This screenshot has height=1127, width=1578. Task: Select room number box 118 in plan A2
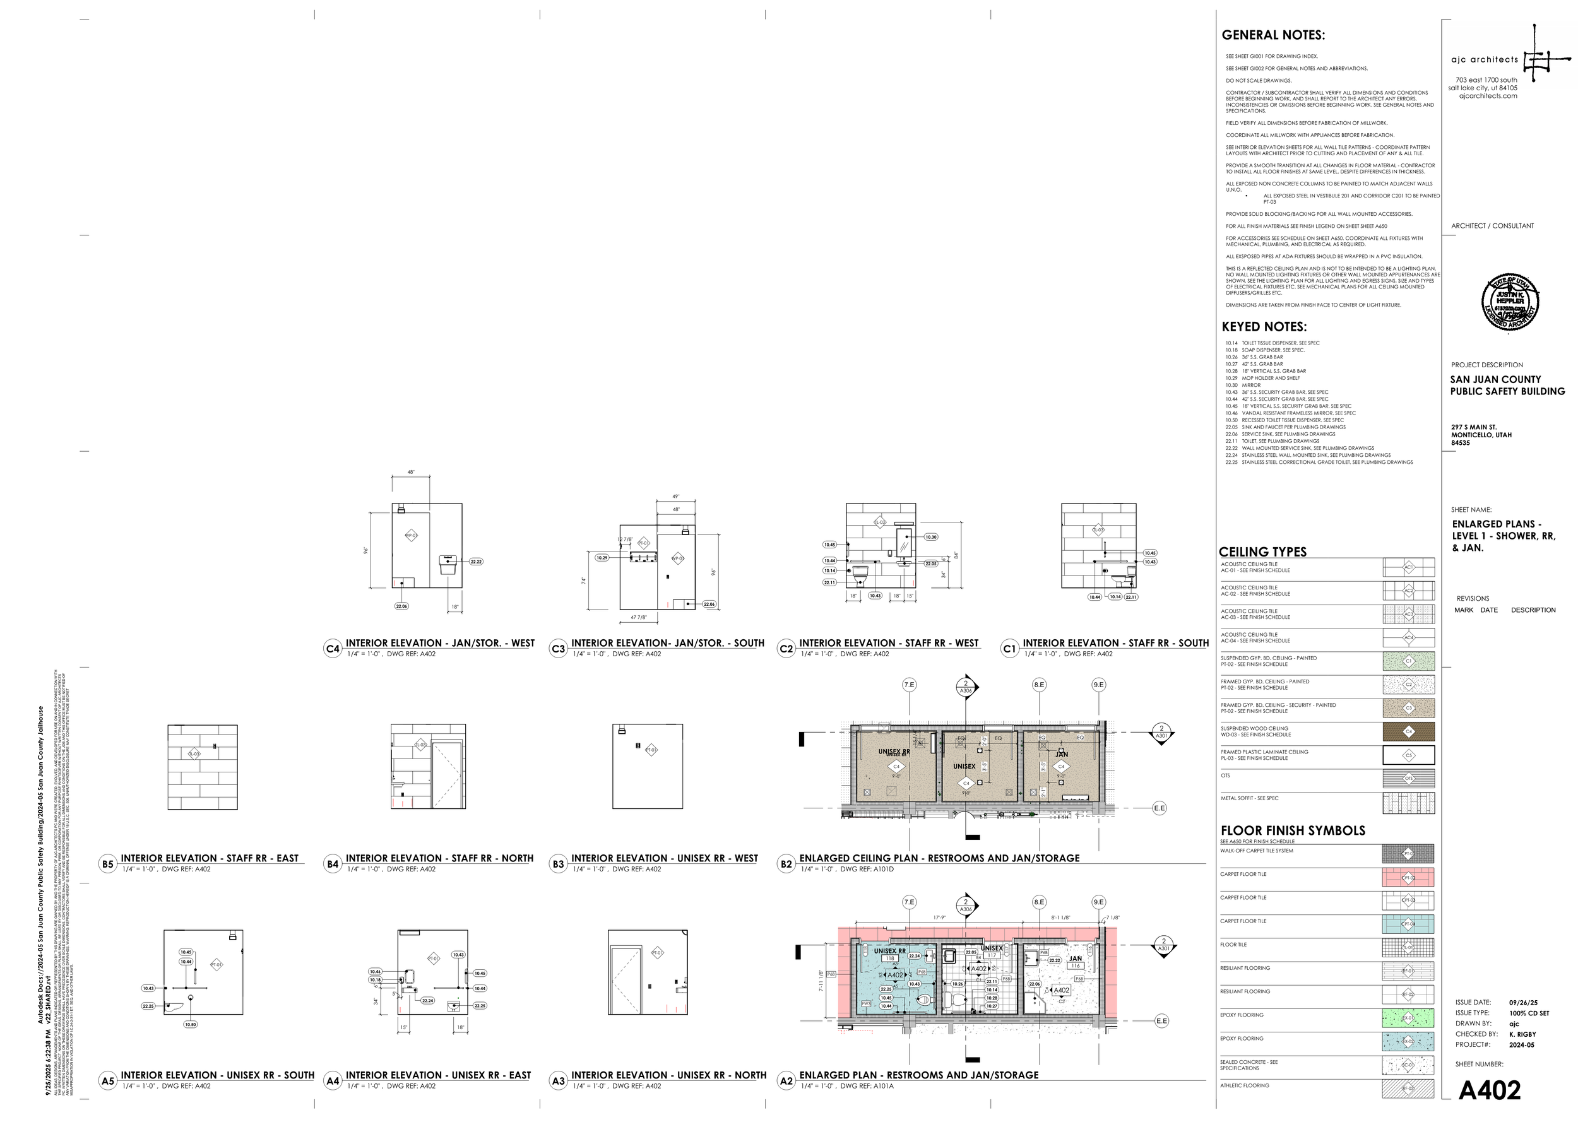890,959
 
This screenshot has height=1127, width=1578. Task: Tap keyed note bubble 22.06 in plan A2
1035,984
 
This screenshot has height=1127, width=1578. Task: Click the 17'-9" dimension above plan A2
939,918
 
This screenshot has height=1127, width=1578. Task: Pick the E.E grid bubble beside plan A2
1161,1021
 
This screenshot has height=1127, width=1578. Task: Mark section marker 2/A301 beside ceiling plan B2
1161,732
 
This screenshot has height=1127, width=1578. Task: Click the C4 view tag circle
333,649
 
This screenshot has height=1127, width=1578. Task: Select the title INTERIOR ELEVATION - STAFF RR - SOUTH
1115,643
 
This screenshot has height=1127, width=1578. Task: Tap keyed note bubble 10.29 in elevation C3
602,557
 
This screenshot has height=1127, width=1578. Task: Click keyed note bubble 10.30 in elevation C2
931,537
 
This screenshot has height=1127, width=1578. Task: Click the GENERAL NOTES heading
1272,35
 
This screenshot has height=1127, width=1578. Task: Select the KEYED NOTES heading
1264,327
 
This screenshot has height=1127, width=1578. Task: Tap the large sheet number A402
1489,1090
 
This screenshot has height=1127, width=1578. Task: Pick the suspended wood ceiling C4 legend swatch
1408,731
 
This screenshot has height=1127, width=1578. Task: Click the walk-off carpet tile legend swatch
1408,854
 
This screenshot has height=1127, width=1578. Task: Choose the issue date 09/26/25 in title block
1523,1003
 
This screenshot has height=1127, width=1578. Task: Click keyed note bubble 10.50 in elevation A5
190,1024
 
